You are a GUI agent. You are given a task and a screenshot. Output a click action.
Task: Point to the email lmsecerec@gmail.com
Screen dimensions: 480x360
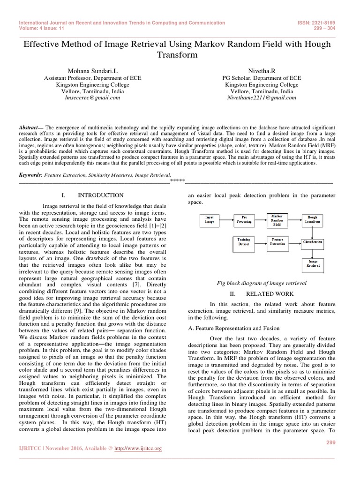tap(92, 98)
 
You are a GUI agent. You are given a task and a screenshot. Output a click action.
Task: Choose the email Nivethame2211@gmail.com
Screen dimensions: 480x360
tap(262, 98)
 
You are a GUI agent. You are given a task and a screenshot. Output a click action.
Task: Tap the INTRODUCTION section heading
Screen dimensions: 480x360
tap(100, 195)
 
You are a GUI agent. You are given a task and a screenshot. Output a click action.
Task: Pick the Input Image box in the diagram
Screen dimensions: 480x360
tap(210, 219)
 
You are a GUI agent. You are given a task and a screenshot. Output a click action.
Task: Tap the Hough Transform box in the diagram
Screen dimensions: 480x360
tap(312, 219)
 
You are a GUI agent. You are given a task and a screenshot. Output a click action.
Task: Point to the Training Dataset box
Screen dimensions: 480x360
tap(244, 242)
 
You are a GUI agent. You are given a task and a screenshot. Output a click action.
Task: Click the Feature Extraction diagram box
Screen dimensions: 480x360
tap(277, 242)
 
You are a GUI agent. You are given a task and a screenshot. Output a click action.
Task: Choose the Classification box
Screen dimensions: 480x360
tap(312, 242)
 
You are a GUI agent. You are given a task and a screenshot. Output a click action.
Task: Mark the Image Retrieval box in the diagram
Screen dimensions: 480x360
tap(312, 264)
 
